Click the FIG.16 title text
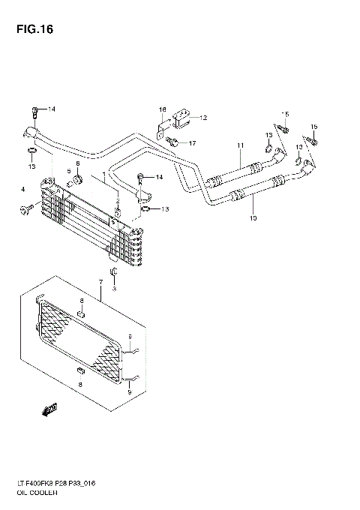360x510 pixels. coord(31,31)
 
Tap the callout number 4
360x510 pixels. coord(23,189)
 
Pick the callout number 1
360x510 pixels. coord(104,174)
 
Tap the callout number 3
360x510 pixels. coord(115,288)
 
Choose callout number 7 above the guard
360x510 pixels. coord(99,282)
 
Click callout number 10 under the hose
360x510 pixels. coord(253,218)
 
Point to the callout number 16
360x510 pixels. coord(161,110)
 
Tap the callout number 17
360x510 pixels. coord(192,142)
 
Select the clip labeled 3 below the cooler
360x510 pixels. coord(113,271)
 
